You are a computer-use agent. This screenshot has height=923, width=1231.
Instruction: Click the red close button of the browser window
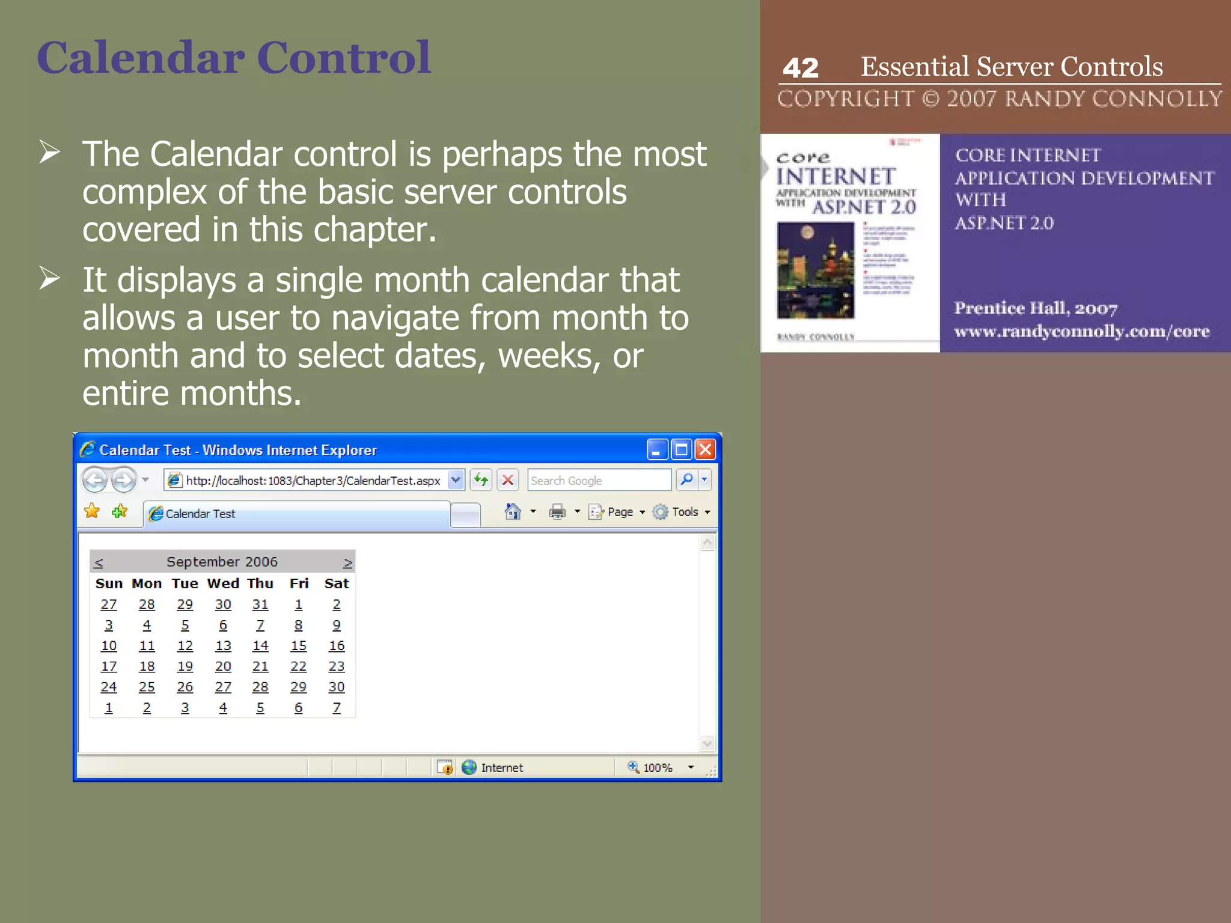(705, 449)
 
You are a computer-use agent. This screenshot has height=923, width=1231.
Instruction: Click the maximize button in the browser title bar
(681, 449)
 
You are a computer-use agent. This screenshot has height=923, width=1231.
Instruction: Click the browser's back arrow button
(94, 480)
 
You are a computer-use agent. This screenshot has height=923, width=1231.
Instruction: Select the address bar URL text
(313, 481)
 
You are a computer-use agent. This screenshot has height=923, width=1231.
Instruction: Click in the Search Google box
(598, 481)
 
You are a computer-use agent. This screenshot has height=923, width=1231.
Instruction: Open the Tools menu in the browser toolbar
(684, 512)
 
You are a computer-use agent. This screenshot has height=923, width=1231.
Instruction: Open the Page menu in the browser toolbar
(620, 512)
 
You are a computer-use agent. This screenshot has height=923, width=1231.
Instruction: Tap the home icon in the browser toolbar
(513, 511)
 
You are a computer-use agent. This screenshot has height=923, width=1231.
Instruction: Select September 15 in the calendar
(298, 646)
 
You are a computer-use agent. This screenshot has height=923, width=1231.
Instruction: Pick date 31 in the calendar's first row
(260, 605)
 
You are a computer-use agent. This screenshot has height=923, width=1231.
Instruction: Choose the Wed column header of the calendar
(223, 583)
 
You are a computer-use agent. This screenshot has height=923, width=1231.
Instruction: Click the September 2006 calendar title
(222, 562)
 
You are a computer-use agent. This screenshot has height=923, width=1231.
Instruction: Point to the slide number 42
(800, 68)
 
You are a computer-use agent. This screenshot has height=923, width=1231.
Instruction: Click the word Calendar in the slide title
(141, 58)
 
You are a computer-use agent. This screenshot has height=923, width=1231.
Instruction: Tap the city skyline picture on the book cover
(815, 270)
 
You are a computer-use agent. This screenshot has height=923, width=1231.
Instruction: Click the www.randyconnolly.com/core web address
(1081, 331)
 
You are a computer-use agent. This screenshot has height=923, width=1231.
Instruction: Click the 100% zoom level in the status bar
(657, 767)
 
